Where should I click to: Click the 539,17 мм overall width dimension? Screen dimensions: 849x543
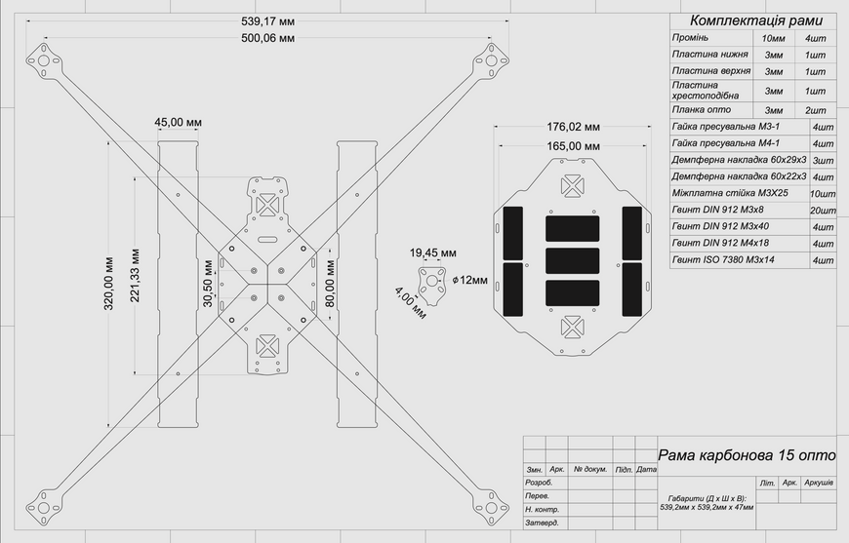[267, 21]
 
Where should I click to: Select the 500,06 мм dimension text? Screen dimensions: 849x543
[267, 38]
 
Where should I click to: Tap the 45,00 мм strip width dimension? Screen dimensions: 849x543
[178, 122]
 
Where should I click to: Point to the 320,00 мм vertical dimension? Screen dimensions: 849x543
[109, 284]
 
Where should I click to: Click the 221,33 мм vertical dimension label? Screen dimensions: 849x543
[135, 275]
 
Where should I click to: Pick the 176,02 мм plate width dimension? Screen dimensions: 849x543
[573, 127]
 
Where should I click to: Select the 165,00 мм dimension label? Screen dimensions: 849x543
[573, 146]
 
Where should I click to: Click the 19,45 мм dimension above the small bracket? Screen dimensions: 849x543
[432, 253]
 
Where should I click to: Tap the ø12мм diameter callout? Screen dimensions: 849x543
[469, 280]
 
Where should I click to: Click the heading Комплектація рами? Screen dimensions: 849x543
[756, 21]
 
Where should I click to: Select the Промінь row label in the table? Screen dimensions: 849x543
[690, 38]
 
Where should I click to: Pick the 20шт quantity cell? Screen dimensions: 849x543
[823, 211]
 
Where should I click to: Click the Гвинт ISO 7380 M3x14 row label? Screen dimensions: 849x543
[723, 260]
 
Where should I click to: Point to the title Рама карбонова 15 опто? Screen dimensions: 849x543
[747, 455]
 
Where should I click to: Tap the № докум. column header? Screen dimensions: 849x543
[590, 470]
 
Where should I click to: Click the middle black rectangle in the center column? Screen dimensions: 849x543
[572, 260]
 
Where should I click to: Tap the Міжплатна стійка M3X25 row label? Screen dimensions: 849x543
[730, 193]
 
